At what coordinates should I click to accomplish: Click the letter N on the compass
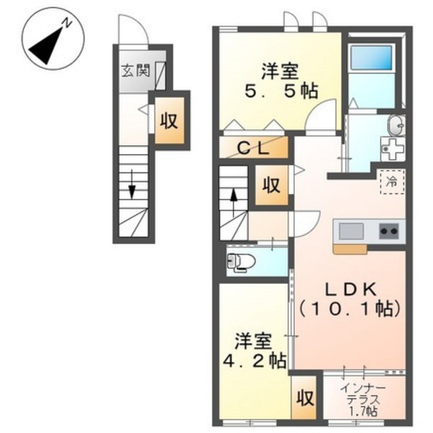(67, 22)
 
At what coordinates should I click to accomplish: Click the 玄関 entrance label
(136, 70)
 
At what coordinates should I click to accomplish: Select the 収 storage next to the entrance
(169, 121)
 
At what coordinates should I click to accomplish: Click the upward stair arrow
(234, 202)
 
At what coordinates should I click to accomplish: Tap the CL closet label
(254, 148)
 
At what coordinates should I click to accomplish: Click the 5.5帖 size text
(281, 91)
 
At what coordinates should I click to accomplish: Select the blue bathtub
(371, 58)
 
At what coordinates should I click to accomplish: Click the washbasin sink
(396, 125)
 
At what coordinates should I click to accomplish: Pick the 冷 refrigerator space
(393, 182)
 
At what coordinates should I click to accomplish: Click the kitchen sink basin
(351, 231)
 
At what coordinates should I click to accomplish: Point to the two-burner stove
(389, 231)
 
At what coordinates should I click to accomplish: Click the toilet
(240, 261)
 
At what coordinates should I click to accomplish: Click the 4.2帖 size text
(254, 360)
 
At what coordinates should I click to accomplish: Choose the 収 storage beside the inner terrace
(305, 398)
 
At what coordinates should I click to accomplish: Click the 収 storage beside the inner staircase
(271, 185)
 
